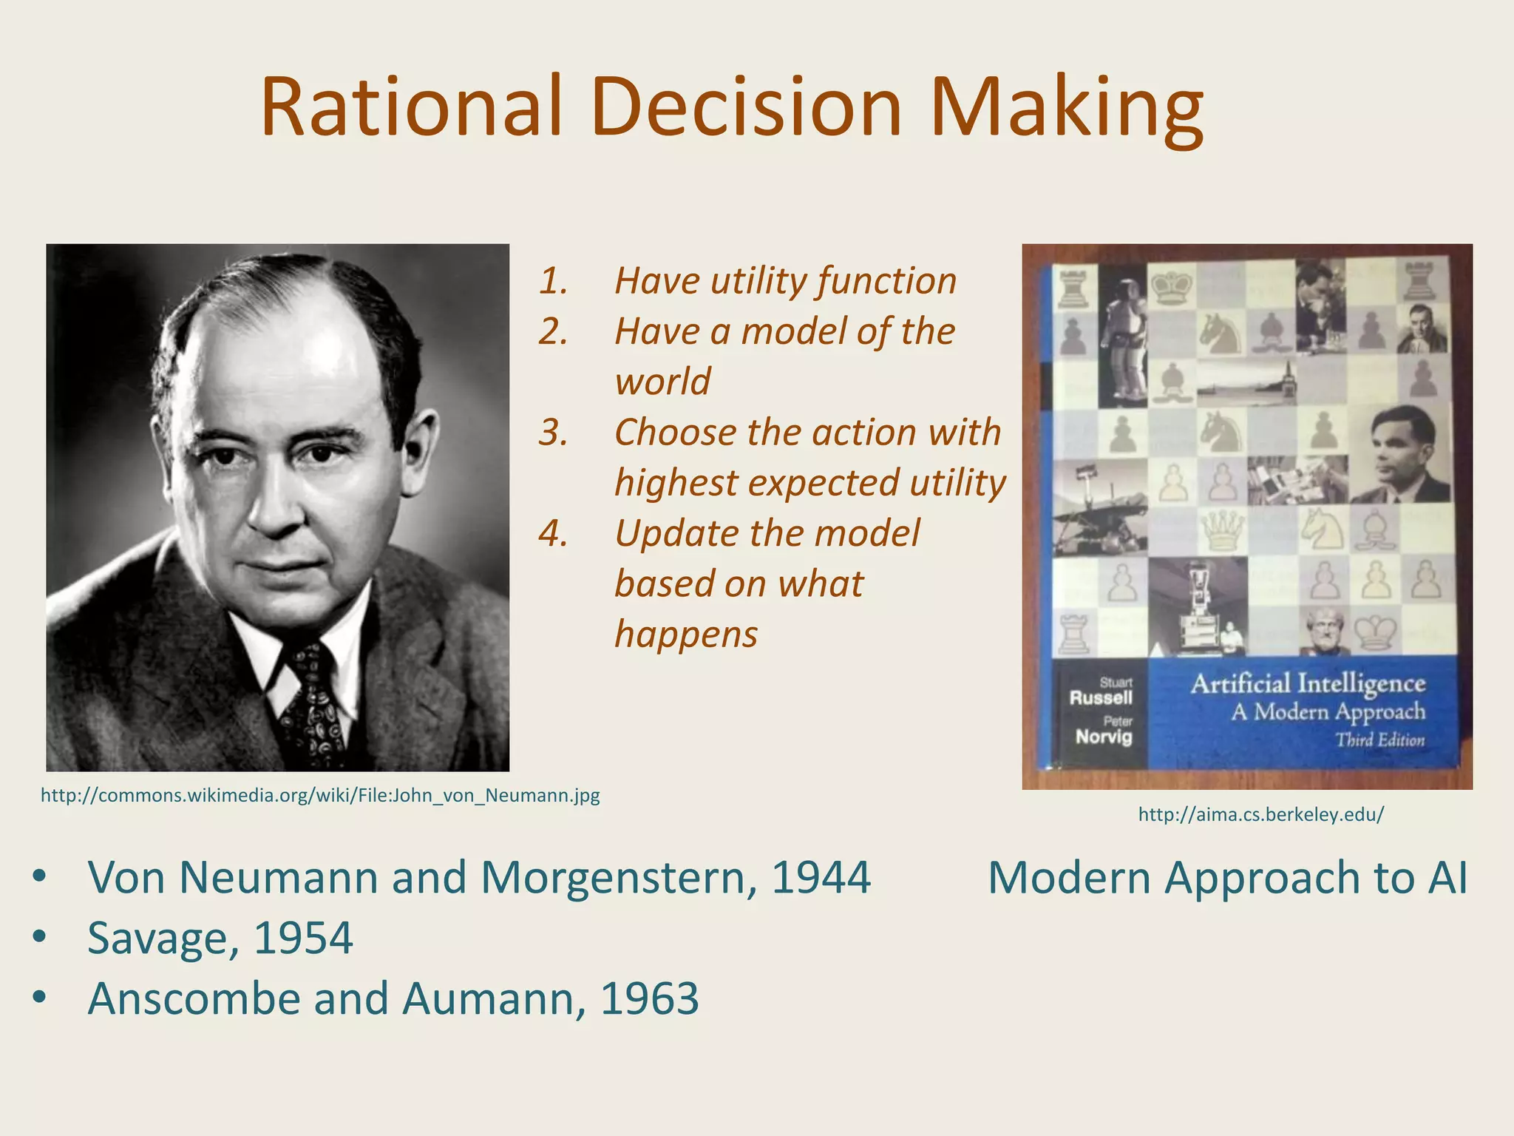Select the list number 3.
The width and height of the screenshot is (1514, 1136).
(x=553, y=433)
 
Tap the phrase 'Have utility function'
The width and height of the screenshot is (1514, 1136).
(x=785, y=281)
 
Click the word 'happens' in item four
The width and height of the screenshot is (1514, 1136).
(x=686, y=635)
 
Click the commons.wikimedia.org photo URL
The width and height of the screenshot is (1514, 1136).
(x=320, y=796)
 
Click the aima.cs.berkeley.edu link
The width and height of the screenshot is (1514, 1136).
(x=1260, y=815)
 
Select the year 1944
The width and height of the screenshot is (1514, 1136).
(x=821, y=878)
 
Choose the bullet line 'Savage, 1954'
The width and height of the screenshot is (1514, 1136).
(x=220, y=939)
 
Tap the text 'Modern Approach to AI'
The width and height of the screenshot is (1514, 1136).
(x=1227, y=878)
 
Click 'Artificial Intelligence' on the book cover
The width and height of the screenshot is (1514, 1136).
(x=1308, y=683)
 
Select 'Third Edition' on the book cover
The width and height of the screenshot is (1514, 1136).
(x=1379, y=740)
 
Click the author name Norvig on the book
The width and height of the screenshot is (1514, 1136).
(x=1104, y=737)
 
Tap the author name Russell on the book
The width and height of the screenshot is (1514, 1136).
(x=1101, y=697)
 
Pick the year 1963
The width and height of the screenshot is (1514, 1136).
(x=649, y=999)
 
